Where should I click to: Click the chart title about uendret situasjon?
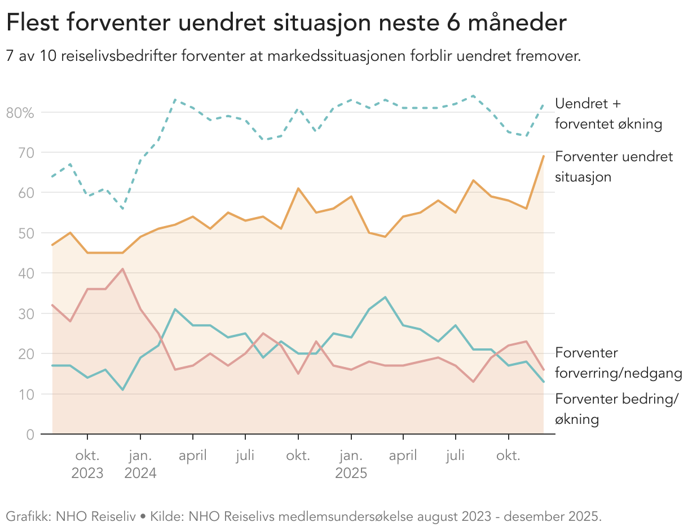(x=286, y=24)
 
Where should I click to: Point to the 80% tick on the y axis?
(x=20, y=112)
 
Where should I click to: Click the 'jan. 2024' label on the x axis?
(x=140, y=464)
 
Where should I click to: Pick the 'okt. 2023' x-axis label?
(x=87, y=464)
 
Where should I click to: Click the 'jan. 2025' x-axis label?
(x=351, y=464)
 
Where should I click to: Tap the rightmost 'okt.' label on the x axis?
(x=508, y=455)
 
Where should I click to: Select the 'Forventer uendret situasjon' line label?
(x=614, y=166)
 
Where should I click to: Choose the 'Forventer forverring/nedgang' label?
(x=618, y=363)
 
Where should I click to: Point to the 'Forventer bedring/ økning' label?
(x=616, y=409)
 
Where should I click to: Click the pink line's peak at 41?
(x=122, y=269)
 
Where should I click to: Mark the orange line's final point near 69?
(x=543, y=156)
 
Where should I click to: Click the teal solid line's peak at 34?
(x=385, y=297)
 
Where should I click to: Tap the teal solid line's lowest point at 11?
(x=122, y=390)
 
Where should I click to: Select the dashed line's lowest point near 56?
(x=122, y=209)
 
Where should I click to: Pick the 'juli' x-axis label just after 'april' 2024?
(x=245, y=455)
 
